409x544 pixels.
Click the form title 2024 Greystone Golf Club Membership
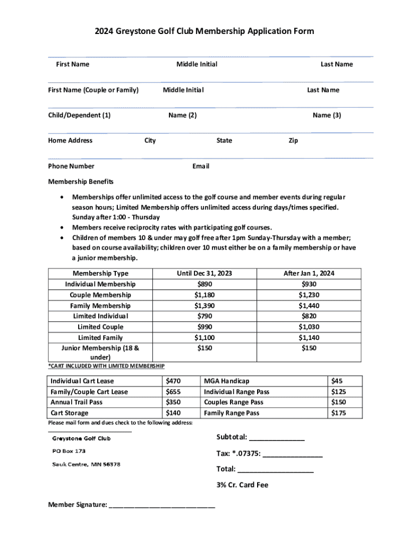pyautogui.click(x=204, y=31)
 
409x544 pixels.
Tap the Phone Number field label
pyautogui.click(x=71, y=166)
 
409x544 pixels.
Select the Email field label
pyautogui.click(x=201, y=166)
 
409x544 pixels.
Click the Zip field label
pyautogui.click(x=293, y=141)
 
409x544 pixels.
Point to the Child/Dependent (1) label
pyautogui.click(x=79, y=115)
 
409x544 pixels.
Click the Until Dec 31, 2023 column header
pyautogui.click(x=204, y=274)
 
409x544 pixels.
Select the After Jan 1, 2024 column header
pyautogui.click(x=309, y=274)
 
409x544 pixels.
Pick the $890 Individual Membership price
pyautogui.click(x=204, y=284)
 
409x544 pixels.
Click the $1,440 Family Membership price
pyautogui.click(x=309, y=305)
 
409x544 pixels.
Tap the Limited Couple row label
pyautogui.click(x=100, y=327)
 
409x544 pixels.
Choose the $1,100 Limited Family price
pyautogui.click(x=204, y=337)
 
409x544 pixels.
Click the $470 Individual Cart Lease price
pyautogui.click(x=173, y=381)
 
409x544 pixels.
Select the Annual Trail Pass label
pyautogui.click(x=76, y=402)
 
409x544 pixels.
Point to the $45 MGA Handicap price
pyautogui.click(x=337, y=381)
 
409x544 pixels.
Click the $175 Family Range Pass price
pyautogui.click(x=338, y=413)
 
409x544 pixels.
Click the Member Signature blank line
pyautogui.click(x=162, y=506)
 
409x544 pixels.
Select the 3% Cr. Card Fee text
pyautogui.click(x=242, y=485)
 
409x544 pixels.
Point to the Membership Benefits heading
pyautogui.click(x=81, y=182)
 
